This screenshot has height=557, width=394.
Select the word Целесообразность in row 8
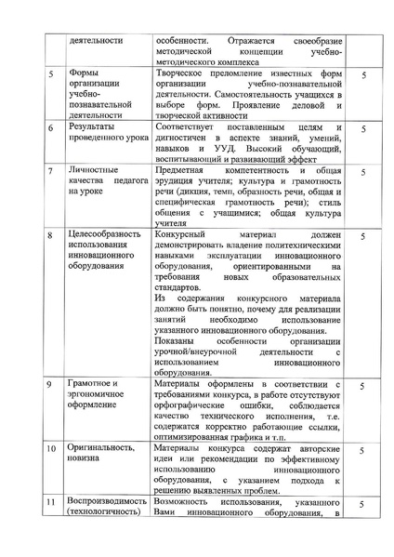pyautogui.click(x=109, y=236)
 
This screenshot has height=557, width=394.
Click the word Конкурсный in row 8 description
pyautogui.click(x=183, y=236)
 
